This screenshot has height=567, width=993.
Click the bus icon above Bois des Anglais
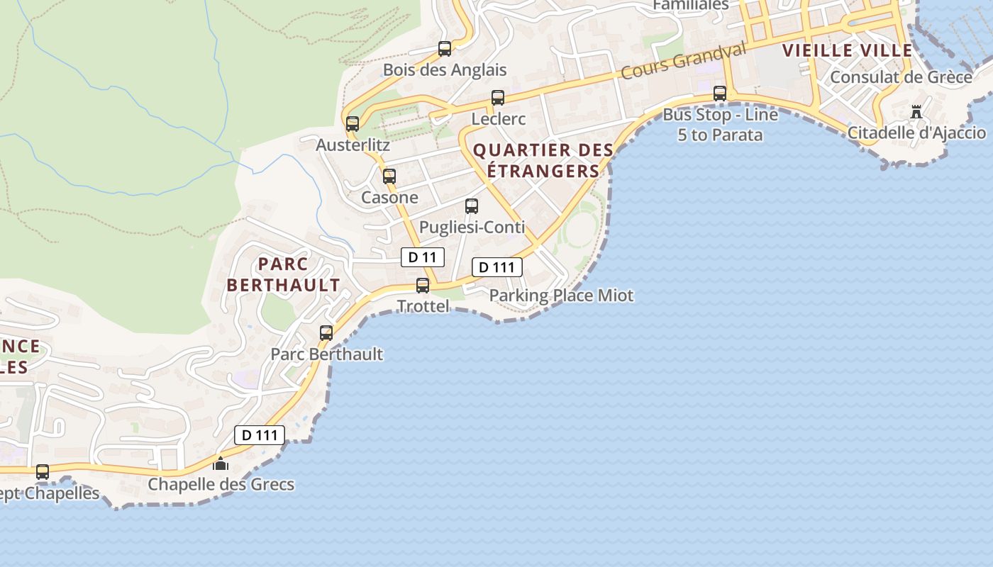point(445,49)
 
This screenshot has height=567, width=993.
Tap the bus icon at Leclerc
point(498,98)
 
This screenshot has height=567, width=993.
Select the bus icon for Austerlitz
point(353,124)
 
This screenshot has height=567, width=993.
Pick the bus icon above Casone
point(389,176)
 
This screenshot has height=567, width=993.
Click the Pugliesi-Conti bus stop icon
point(472,206)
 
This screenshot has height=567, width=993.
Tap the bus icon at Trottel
point(423,286)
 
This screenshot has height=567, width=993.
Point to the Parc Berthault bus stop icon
point(326,332)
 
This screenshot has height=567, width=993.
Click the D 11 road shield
point(423,257)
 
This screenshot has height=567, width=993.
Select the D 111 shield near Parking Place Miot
point(497,267)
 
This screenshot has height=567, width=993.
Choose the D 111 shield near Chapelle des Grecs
point(260,435)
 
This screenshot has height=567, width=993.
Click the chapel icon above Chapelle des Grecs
point(221,464)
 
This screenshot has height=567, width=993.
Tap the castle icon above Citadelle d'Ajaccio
point(916,112)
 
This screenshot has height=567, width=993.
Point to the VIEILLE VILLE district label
point(847,50)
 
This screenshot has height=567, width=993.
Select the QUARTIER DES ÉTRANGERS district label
point(543,161)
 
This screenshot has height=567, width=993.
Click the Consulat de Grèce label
point(901,77)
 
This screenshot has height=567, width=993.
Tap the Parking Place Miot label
point(561,296)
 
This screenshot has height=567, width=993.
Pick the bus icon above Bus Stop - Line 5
point(720,94)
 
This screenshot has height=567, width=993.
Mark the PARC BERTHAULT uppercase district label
point(283,275)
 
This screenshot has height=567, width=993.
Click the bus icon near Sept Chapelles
point(43,472)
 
